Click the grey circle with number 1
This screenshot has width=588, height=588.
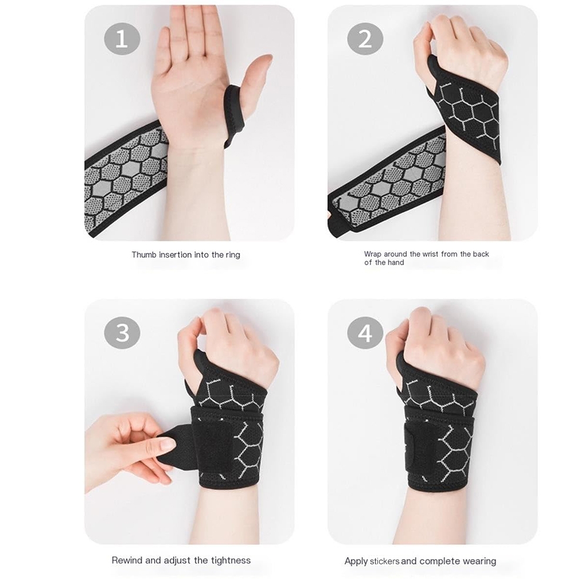(122, 39)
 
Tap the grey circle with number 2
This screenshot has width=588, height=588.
(365, 39)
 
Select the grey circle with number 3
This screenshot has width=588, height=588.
(122, 333)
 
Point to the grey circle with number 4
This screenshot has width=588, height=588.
(365, 333)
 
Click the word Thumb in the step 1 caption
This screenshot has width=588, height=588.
(144, 255)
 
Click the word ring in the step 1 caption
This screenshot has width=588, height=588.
(232, 255)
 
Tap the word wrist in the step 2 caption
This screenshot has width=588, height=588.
(430, 254)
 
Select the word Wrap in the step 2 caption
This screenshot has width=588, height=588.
(372, 254)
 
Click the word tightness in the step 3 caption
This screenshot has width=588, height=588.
(230, 560)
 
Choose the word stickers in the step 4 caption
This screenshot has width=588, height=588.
(385, 562)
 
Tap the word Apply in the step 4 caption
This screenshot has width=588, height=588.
(356, 562)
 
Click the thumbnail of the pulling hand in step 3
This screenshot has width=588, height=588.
(167, 445)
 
